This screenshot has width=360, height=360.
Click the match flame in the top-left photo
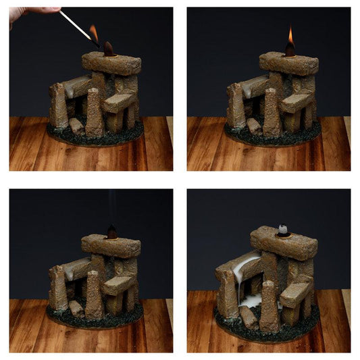tap(94, 33)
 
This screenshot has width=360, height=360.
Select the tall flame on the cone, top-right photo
tap(290, 35)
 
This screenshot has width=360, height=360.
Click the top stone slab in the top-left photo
tap(111, 63)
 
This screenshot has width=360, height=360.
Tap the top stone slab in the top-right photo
tap(289, 63)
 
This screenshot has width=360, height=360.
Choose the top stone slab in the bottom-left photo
tap(111, 245)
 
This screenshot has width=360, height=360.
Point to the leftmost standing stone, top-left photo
tap(58, 106)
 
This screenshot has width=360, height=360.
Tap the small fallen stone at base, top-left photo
tap(76, 126)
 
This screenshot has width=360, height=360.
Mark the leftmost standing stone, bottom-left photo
tap(58, 288)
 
